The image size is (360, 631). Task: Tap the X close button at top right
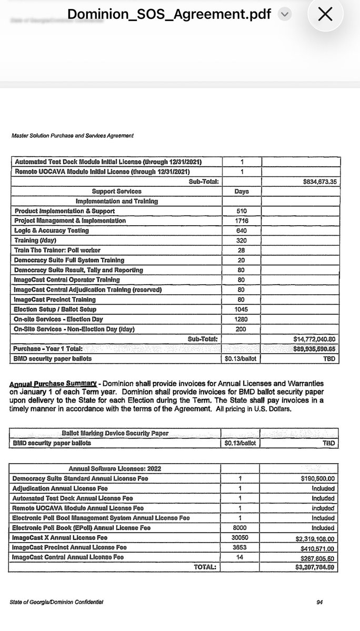tap(325, 14)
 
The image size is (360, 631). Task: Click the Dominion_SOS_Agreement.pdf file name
tap(169, 14)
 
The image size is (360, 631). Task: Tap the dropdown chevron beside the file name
tap(284, 14)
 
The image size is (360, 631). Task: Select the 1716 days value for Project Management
tap(241, 221)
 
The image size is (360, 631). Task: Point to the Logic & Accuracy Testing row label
tap(52, 231)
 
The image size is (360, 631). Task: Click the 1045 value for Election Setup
tap(241, 309)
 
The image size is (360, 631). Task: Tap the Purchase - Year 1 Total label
tap(48, 349)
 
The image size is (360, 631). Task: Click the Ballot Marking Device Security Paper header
tap(115, 434)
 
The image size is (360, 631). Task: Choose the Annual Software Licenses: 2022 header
tap(115, 468)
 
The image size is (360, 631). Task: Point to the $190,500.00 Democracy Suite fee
tap(317, 478)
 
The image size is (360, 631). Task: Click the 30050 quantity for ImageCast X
tap(240, 538)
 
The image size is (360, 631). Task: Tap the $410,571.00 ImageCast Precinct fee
tap(317, 547)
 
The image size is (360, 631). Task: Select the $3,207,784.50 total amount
tap(315, 567)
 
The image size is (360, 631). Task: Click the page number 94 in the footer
tap(319, 602)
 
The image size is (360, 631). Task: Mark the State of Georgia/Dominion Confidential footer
tap(56, 602)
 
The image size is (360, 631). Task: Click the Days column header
tap(241, 191)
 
